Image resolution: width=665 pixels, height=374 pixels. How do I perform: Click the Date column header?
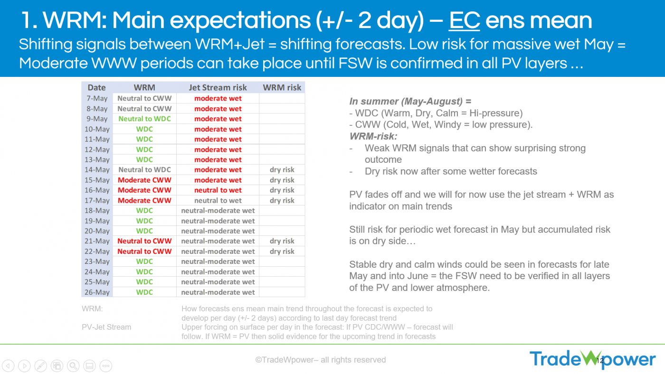click(x=97, y=87)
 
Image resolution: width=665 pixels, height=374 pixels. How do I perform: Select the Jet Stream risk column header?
click(x=218, y=87)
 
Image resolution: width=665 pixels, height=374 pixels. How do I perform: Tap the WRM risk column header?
click(x=282, y=87)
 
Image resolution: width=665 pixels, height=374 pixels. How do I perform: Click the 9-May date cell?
click(x=97, y=119)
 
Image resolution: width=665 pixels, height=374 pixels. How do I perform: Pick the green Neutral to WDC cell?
click(x=144, y=119)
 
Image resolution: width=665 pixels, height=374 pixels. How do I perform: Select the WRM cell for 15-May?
click(x=144, y=180)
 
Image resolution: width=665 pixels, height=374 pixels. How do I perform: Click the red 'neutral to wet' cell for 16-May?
click(x=218, y=190)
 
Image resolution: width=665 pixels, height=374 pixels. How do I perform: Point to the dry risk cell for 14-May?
click(x=282, y=169)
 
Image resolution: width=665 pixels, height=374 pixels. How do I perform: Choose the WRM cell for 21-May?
click(x=144, y=241)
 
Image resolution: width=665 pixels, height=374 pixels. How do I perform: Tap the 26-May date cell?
click(x=97, y=292)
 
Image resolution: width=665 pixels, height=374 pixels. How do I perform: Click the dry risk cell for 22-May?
click(x=282, y=252)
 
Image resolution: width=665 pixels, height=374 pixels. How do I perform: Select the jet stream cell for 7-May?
click(x=218, y=98)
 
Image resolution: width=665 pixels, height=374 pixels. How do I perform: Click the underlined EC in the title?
click(x=465, y=21)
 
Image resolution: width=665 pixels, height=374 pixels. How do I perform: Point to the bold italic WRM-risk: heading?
click(x=373, y=136)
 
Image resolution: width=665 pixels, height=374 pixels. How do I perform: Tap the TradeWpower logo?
click(x=593, y=359)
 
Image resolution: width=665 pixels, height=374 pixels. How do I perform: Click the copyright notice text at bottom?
click(x=321, y=360)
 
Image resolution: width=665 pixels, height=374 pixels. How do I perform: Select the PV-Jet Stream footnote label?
click(x=106, y=327)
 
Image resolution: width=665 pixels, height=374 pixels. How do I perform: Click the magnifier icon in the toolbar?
click(x=73, y=366)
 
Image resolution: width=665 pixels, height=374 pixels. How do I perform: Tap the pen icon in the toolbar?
click(x=41, y=366)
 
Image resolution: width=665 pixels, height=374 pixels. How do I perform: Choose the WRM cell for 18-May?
click(x=144, y=211)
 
